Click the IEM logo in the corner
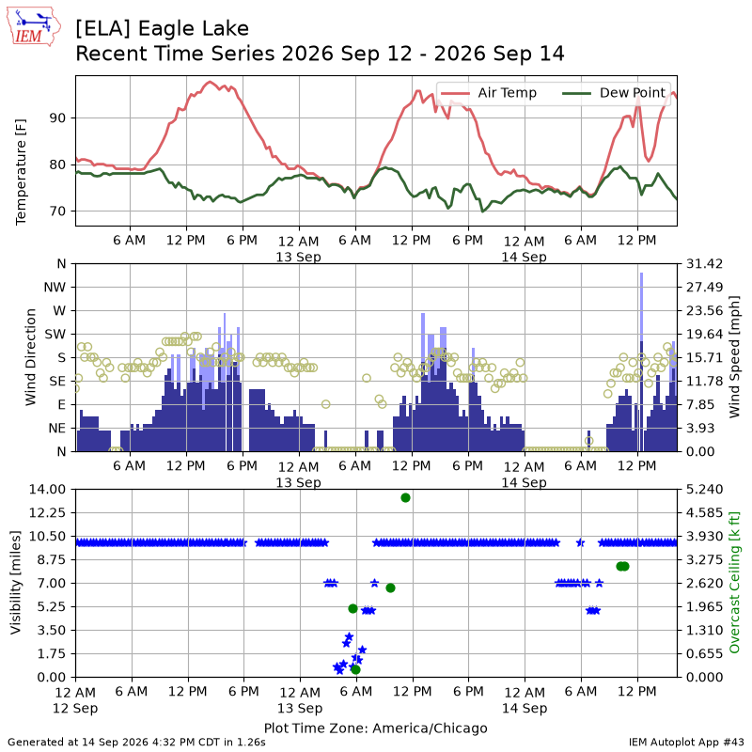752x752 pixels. click(34, 26)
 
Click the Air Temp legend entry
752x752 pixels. click(488, 92)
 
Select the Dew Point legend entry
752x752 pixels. click(615, 92)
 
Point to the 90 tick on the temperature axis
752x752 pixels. click(58, 118)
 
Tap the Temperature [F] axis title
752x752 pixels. click(21, 172)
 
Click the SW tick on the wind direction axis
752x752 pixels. click(55, 334)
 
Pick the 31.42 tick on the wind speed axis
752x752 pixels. click(704, 264)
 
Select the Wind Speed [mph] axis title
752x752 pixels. click(734, 357)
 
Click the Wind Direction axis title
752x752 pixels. click(31, 357)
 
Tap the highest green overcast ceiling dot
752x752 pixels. click(406, 498)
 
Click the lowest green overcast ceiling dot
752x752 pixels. click(355, 669)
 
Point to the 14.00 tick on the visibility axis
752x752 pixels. click(47, 489)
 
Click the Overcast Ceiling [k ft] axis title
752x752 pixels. click(734, 582)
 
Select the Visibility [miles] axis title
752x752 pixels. click(16, 583)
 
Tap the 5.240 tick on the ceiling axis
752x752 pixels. click(704, 489)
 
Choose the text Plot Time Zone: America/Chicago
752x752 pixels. click(375, 728)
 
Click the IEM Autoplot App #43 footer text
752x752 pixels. click(686, 742)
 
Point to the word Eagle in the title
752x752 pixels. click(164, 29)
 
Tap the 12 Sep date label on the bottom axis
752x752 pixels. click(75, 708)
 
